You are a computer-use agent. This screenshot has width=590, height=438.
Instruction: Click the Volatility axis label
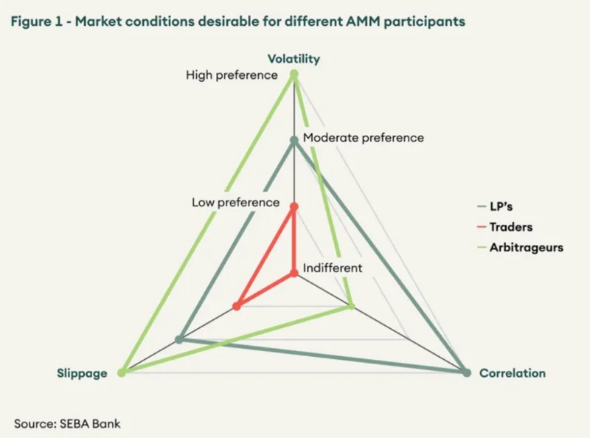click(294, 59)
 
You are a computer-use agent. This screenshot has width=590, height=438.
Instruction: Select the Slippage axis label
click(82, 373)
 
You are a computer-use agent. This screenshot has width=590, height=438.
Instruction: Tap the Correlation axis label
click(513, 373)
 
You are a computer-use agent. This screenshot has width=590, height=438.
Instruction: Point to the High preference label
click(232, 75)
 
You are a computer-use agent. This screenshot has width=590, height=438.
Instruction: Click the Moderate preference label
click(364, 138)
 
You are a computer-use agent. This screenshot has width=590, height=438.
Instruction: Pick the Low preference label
click(235, 203)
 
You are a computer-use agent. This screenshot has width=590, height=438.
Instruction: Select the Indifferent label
click(333, 268)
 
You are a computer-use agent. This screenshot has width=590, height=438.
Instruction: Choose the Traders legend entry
click(505, 227)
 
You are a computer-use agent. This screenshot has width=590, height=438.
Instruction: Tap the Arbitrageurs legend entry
click(521, 248)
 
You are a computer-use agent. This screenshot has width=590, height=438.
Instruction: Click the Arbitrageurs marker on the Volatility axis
click(294, 75)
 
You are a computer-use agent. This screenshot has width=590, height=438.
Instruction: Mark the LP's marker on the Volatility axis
click(294, 141)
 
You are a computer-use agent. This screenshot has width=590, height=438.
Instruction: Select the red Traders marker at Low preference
click(294, 206)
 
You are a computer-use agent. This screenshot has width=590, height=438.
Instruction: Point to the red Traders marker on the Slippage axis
click(237, 306)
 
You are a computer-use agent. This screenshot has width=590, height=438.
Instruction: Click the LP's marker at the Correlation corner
click(467, 373)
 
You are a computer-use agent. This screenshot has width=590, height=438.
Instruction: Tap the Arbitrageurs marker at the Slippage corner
click(121, 372)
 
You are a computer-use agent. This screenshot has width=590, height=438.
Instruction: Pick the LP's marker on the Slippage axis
click(179, 339)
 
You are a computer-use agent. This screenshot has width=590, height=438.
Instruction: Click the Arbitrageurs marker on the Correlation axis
click(352, 306)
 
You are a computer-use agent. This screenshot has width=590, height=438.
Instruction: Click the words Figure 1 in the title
click(36, 21)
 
